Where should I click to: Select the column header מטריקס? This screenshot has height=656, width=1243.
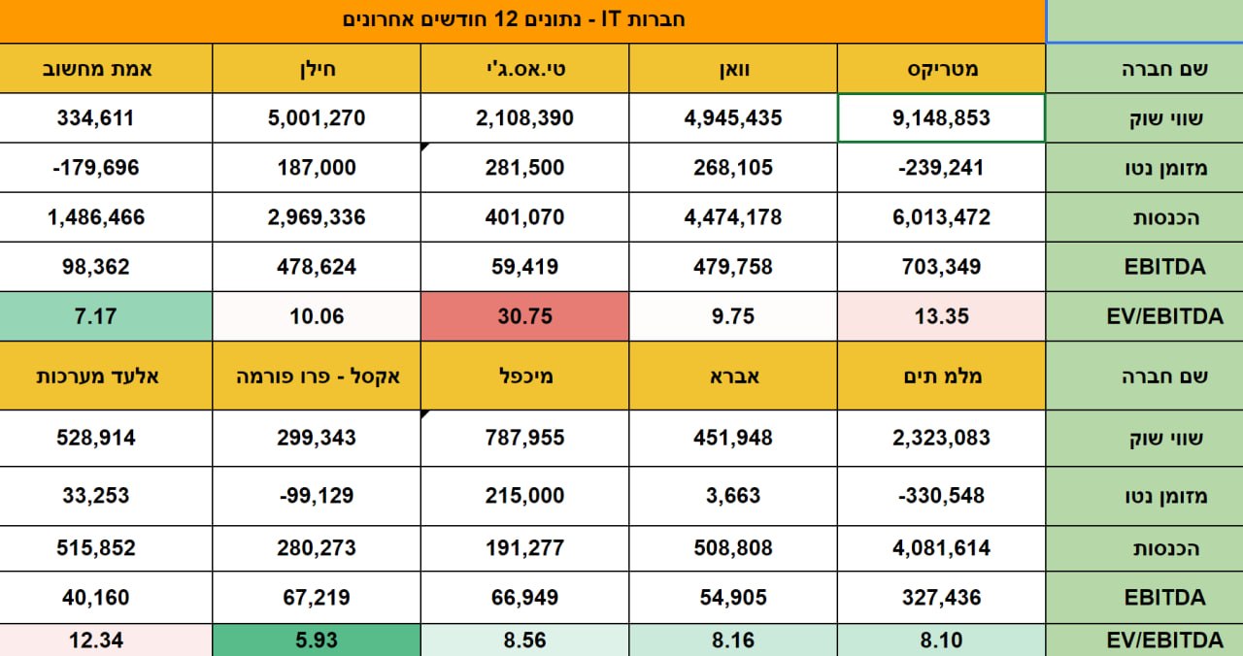click(x=941, y=69)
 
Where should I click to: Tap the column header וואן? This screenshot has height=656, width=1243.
click(x=733, y=69)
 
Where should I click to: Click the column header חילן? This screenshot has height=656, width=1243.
click(x=318, y=69)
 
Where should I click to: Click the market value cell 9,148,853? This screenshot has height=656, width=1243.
click(x=941, y=118)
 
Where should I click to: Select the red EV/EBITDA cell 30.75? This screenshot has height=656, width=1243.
click(x=524, y=316)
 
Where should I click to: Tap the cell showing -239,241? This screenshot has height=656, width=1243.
click(x=941, y=168)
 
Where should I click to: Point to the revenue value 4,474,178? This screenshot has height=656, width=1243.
click(x=733, y=217)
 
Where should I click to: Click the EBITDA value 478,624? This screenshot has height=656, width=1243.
click(x=318, y=267)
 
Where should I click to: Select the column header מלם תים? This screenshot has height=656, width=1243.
click(x=941, y=376)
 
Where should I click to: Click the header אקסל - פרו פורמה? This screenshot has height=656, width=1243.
click(x=318, y=376)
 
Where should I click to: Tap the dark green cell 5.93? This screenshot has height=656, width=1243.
click(x=318, y=640)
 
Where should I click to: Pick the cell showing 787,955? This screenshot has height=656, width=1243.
click(x=524, y=438)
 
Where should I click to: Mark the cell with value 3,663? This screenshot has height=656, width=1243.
click(x=733, y=496)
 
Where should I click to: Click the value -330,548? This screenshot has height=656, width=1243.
click(x=941, y=496)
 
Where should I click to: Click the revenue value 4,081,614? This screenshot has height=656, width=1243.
click(x=941, y=548)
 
